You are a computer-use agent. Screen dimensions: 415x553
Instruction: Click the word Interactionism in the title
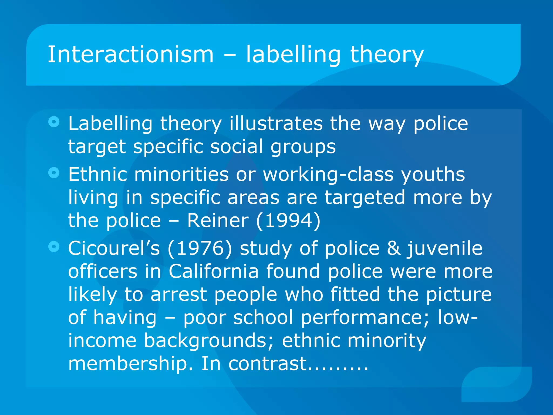(x=131, y=55)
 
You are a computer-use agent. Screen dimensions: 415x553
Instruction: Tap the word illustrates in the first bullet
(x=276, y=124)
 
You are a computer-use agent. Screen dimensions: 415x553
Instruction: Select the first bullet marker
(x=54, y=122)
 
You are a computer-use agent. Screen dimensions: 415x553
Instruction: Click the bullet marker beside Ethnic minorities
(x=54, y=173)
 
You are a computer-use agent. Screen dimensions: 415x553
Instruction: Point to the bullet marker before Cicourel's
(x=54, y=246)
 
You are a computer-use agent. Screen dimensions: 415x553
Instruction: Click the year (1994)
(x=288, y=220)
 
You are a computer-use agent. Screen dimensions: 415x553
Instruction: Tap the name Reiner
(x=218, y=220)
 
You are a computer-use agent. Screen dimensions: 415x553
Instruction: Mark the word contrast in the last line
(x=268, y=364)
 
